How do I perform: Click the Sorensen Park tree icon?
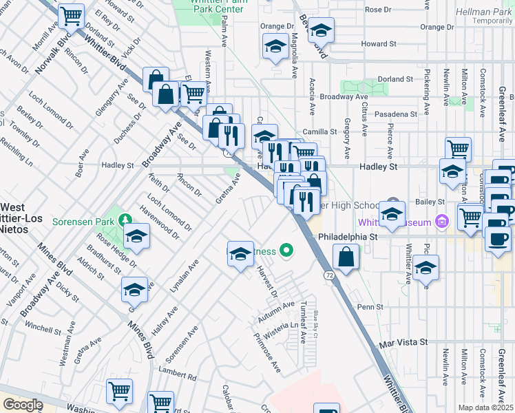pyautogui.click(x=125, y=220)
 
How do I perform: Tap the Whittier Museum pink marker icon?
pyautogui.click(x=442, y=222)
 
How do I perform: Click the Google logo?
pyautogui.click(x=22, y=405)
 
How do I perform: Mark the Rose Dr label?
pyautogui.click(x=378, y=10)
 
